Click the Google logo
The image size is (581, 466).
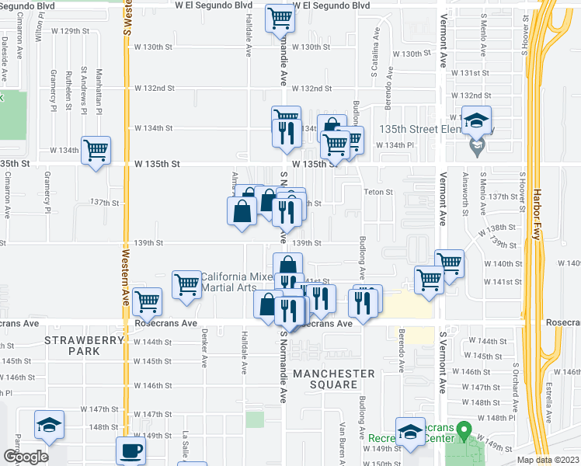pyautogui.click(x=25, y=457)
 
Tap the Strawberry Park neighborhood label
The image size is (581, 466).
pyautogui.click(x=84, y=346)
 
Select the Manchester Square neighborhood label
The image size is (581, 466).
pyautogui.click(x=334, y=380)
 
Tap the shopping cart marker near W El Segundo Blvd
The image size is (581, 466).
pyautogui.click(x=280, y=19)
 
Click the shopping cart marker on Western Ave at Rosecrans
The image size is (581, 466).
pyautogui.click(x=147, y=301)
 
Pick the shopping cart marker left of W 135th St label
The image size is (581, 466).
pyautogui.click(x=96, y=150)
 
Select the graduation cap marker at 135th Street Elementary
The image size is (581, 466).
pyautogui.click(x=476, y=121)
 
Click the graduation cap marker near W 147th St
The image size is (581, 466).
pyautogui.click(x=48, y=426)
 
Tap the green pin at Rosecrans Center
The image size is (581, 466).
pyautogui.click(x=464, y=429)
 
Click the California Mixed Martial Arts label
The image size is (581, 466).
pyautogui.click(x=228, y=283)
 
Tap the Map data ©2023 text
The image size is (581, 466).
pyautogui.click(x=548, y=460)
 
